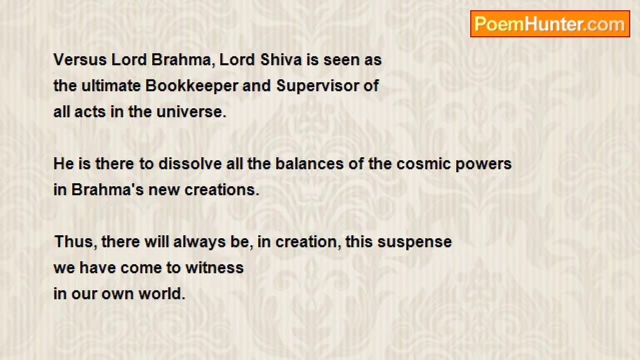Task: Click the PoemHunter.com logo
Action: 550,24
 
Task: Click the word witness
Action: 214,268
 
